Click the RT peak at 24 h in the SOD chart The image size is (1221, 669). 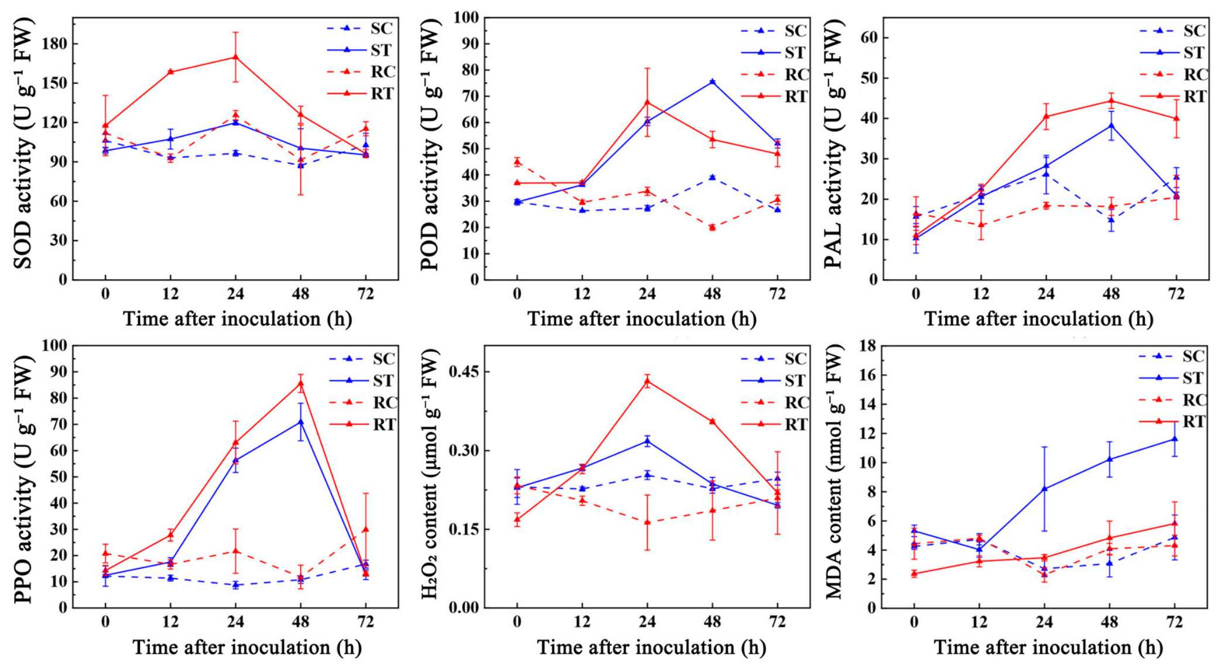[x=235, y=57]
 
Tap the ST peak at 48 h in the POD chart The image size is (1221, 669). [x=712, y=81]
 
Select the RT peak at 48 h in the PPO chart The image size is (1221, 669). [x=300, y=383]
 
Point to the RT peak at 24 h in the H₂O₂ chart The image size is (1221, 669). [x=647, y=381]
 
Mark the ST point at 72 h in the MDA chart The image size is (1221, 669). [x=1175, y=438]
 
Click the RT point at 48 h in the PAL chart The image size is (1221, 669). [x=1111, y=101]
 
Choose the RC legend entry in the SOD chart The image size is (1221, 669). [x=361, y=72]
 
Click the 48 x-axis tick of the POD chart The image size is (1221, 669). [x=712, y=293]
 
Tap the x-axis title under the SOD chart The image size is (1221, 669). [x=237, y=319]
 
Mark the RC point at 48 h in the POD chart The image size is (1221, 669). [x=712, y=227]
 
